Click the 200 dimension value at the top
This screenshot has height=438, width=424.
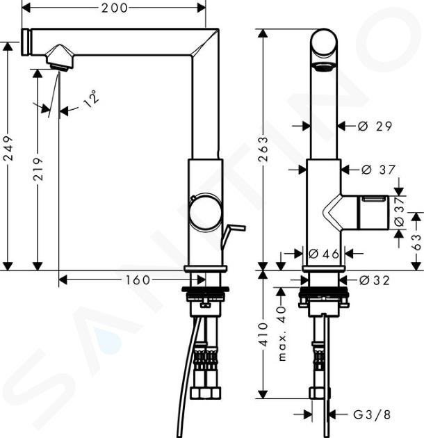tap(115, 8)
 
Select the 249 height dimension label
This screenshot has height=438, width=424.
tap(8, 148)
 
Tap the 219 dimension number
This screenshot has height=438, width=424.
tap(38, 169)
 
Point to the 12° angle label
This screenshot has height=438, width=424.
tap(91, 99)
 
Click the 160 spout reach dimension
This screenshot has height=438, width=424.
tap(138, 280)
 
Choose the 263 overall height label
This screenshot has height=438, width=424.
tap(263, 149)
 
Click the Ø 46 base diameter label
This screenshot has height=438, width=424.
tap(324, 254)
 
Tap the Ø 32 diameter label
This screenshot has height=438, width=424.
tap(374, 280)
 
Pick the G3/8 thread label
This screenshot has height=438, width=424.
tap(372, 415)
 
